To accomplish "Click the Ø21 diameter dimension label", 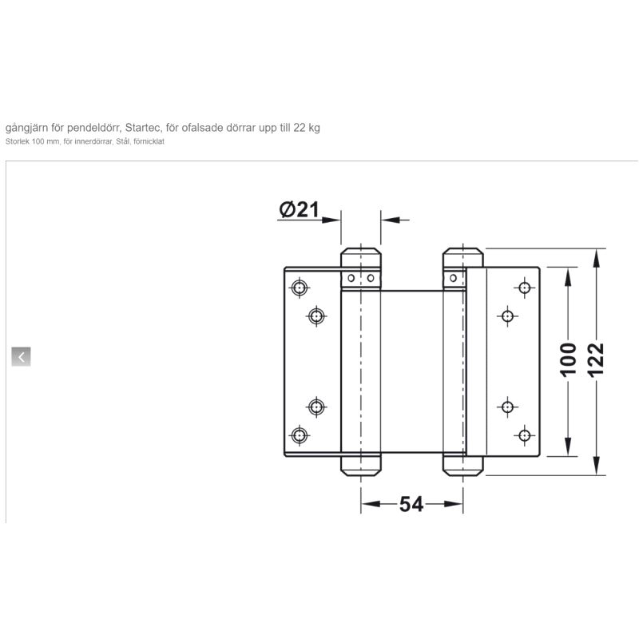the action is pyautogui.click(x=299, y=209).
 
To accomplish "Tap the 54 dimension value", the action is pyautogui.click(x=411, y=504).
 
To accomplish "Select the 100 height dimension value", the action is pyautogui.click(x=568, y=359).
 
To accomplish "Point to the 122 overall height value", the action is pyautogui.click(x=596, y=360).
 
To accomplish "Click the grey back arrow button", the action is pyautogui.click(x=22, y=357).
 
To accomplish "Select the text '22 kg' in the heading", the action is pyautogui.click(x=307, y=128).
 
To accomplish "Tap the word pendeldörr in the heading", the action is pyautogui.click(x=94, y=128).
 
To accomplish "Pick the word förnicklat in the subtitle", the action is pyautogui.click(x=149, y=142).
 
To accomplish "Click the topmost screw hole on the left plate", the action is pyautogui.click(x=300, y=288).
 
